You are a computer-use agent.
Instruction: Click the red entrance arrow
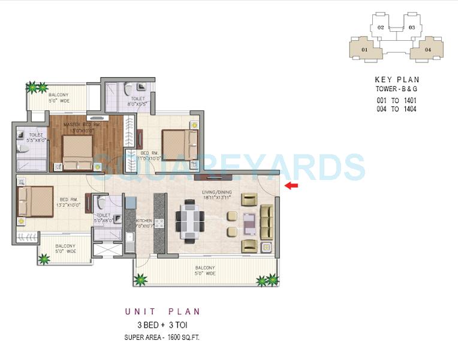coord(291,186)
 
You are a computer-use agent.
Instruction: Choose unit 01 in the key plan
coord(366,50)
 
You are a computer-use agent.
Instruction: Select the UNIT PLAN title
coord(162,311)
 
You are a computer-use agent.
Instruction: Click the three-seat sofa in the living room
coord(266,223)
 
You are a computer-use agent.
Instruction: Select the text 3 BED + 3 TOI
coord(162,325)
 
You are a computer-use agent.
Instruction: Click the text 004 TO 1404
coord(397,109)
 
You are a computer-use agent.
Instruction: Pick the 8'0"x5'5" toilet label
coord(137,102)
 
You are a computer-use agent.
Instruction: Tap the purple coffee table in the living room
coord(249,223)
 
